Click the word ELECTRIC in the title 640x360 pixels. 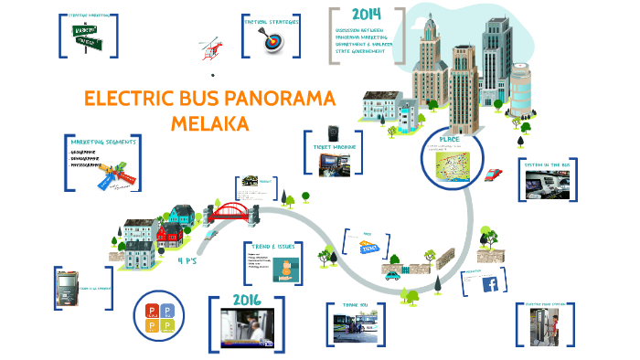tap(126, 100)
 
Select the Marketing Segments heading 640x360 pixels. tap(104, 143)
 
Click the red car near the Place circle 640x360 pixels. tap(493, 175)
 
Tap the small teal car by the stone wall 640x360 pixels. tap(391, 272)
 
